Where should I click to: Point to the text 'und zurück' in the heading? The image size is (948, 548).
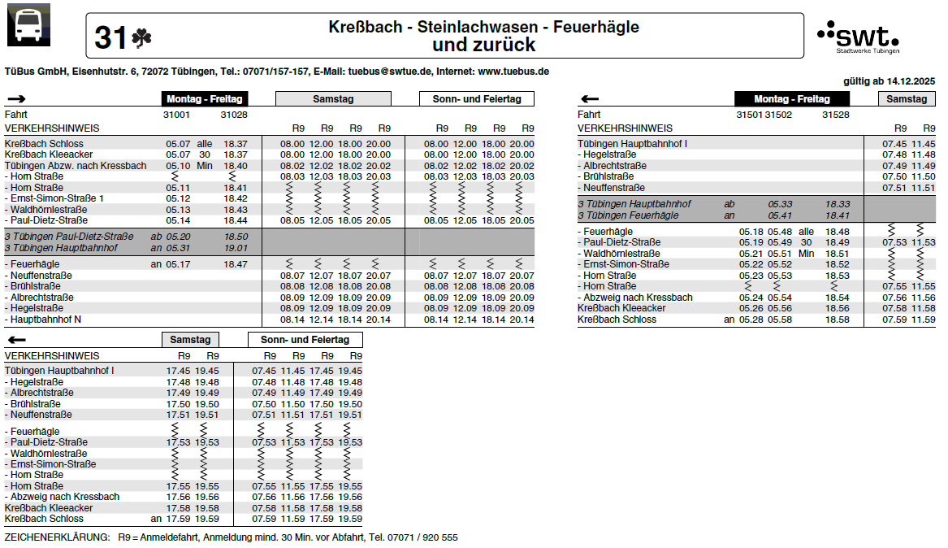483,46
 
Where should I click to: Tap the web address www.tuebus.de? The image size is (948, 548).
513,72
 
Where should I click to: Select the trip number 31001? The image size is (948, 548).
177,115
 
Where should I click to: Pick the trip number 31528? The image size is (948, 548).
836,115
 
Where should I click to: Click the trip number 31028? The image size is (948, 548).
234,115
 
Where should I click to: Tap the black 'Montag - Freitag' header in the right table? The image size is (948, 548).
792,99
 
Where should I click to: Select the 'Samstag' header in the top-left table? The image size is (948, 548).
333,99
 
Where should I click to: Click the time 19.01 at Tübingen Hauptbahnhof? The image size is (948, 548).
236,248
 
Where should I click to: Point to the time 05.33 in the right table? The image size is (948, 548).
780,204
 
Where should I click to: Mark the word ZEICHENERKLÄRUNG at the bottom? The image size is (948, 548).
57,538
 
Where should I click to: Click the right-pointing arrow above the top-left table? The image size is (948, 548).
17,99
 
